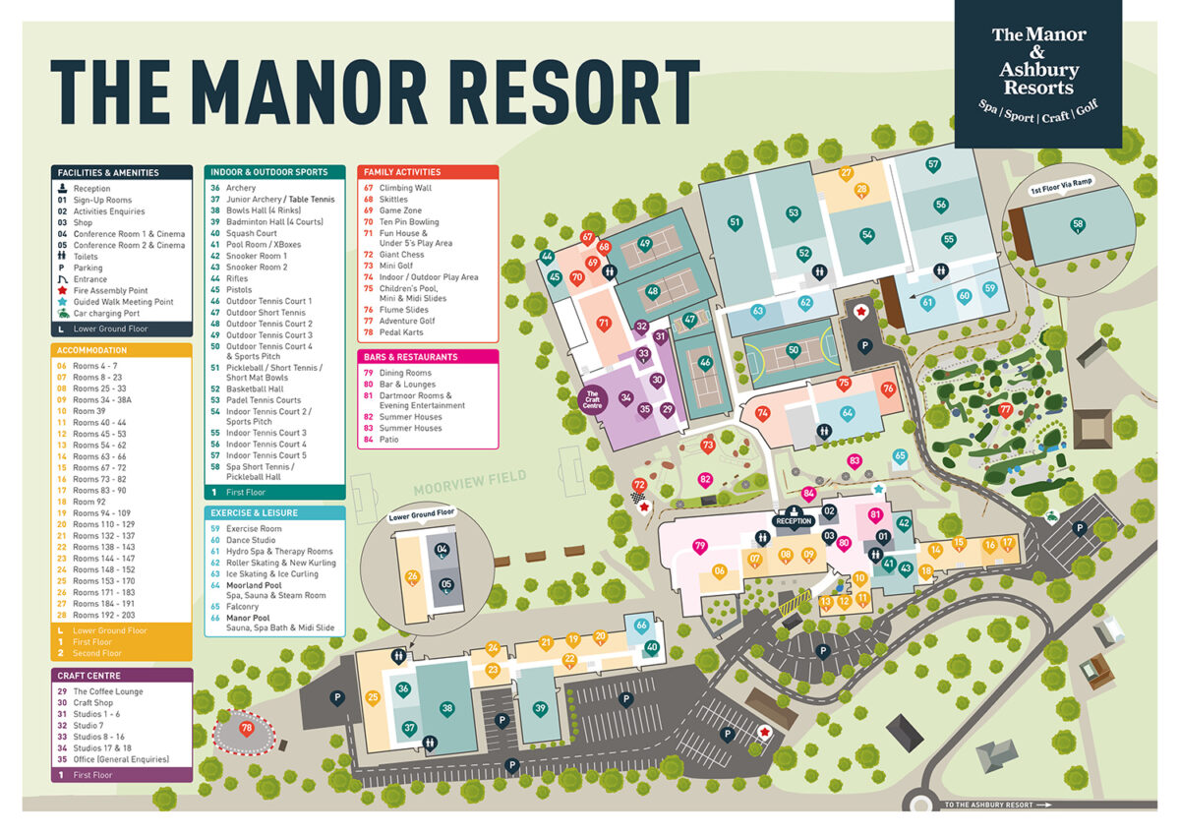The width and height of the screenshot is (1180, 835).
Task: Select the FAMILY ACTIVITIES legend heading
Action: [x=402, y=172]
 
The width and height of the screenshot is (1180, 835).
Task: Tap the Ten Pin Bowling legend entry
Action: [x=409, y=222]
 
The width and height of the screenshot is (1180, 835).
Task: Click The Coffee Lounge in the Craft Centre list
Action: [x=107, y=691]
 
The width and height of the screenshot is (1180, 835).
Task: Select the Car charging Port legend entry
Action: [x=106, y=313]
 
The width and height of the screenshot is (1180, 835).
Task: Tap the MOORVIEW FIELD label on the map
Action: [x=471, y=477]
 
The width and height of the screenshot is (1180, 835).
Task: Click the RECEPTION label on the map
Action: [x=794, y=521]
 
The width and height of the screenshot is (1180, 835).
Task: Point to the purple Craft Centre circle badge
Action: [x=592, y=399]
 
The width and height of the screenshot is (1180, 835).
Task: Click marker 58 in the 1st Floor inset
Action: [x=1079, y=225]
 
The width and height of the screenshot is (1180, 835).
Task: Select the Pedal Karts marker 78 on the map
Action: [x=246, y=728]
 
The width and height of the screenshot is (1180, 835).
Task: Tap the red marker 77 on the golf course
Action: [x=1005, y=409]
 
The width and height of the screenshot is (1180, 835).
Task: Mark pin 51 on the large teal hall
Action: [x=735, y=223]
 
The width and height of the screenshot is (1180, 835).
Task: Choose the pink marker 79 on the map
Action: [x=699, y=546]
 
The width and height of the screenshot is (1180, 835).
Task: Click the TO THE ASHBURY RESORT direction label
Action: [x=995, y=805]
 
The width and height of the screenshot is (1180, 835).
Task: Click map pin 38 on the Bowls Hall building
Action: [x=447, y=708]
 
